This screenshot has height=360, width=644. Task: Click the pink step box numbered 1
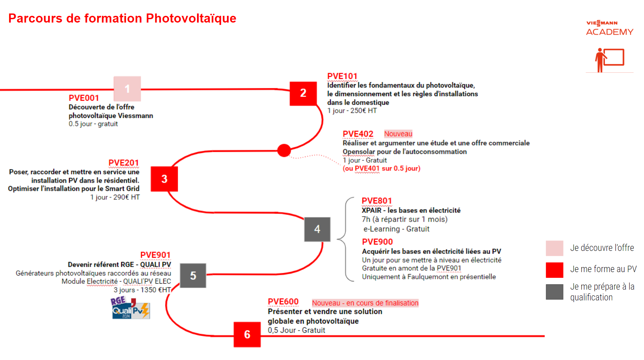coord(127,89)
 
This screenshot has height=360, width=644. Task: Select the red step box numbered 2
coord(303,93)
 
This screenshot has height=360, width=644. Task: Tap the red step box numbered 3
coord(164,179)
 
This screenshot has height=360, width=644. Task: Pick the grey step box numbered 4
coord(317,229)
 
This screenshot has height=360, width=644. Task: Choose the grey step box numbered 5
coord(193,275)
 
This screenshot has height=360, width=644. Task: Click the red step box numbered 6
coord(247,334)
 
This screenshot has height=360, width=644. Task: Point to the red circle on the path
coord(284,150)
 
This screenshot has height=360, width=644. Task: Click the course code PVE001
coord(84,98)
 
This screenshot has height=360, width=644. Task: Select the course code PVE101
coord(342,76)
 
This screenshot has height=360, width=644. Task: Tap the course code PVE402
coord(358,134)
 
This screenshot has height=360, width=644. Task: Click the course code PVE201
coord(123,163)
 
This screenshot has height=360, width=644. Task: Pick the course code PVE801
coord(377,201)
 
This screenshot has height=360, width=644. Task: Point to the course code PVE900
coord(377,242)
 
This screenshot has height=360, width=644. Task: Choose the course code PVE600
coord(283,302)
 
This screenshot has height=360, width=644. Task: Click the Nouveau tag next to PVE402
coord(398,134)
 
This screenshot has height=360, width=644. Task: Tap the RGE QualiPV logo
coord(130,308)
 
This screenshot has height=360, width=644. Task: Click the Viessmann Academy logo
coord(609,28)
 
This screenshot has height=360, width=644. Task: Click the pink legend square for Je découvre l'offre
coord(554,248)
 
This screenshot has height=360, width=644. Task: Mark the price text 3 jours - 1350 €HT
coord(142,290)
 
